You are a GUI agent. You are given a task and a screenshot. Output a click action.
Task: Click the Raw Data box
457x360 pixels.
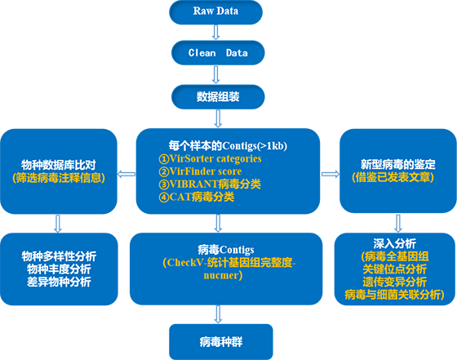215,12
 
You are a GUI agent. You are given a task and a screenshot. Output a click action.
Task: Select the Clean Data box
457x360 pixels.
218,53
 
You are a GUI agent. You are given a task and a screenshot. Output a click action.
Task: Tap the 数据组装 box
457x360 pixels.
218,97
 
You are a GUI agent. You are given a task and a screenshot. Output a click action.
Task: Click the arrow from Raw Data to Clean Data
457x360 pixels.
215,33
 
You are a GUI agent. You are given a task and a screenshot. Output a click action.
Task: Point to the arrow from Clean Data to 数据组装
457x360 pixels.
215,74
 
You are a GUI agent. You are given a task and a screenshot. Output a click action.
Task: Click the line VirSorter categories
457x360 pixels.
211,158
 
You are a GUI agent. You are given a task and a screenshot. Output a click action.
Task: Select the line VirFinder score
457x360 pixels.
200,171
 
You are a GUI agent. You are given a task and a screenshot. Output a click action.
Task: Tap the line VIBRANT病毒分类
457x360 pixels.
210,184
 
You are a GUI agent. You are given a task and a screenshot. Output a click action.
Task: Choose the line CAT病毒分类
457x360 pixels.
197,197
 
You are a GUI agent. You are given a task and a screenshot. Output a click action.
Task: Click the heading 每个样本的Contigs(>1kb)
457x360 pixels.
228,146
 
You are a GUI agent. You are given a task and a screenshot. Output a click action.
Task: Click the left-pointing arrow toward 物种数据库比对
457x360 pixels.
126,175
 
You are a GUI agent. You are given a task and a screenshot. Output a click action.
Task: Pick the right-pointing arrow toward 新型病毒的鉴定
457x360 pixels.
331,174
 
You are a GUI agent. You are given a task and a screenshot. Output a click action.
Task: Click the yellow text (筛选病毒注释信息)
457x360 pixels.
59,178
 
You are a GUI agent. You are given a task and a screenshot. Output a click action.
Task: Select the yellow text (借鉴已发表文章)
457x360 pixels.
393,177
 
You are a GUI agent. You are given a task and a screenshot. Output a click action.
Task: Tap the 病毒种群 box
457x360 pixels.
221,342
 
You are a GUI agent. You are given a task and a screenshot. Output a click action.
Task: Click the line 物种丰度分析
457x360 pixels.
59,269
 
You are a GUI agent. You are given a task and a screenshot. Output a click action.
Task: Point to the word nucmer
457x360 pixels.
221,275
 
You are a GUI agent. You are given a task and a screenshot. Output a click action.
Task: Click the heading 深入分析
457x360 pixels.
395,243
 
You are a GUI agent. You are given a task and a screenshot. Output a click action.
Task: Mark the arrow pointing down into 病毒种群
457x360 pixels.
218,314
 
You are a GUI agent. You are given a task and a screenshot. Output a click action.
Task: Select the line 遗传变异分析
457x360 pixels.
395,282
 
